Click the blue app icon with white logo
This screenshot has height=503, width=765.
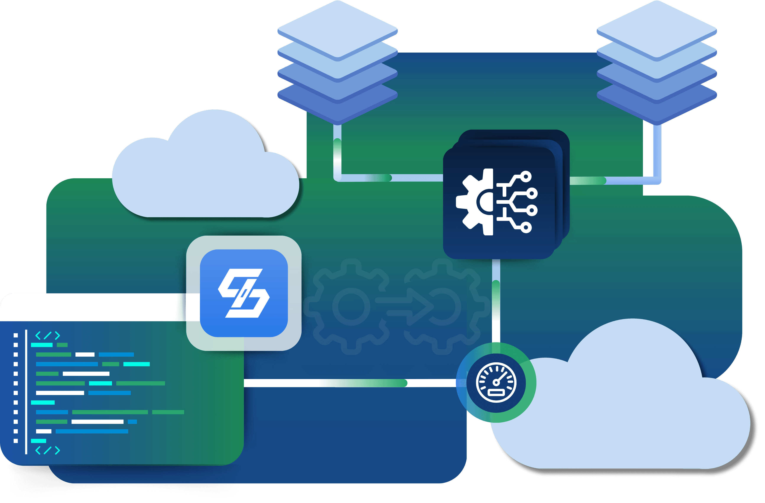(x=244, y=293)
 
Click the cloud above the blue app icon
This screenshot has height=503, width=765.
(x=206, y=173)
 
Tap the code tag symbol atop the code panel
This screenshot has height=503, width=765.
(x=48, y=335)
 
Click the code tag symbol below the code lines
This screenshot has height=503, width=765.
(x=48, y=450)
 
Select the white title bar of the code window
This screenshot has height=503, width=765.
(x=93, y=307)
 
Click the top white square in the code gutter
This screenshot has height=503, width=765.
(x=15, y=335)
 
